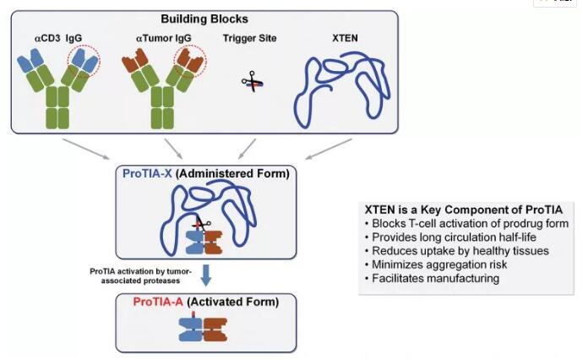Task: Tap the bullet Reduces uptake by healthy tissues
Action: pyautogui.click(x=443, y=252)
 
